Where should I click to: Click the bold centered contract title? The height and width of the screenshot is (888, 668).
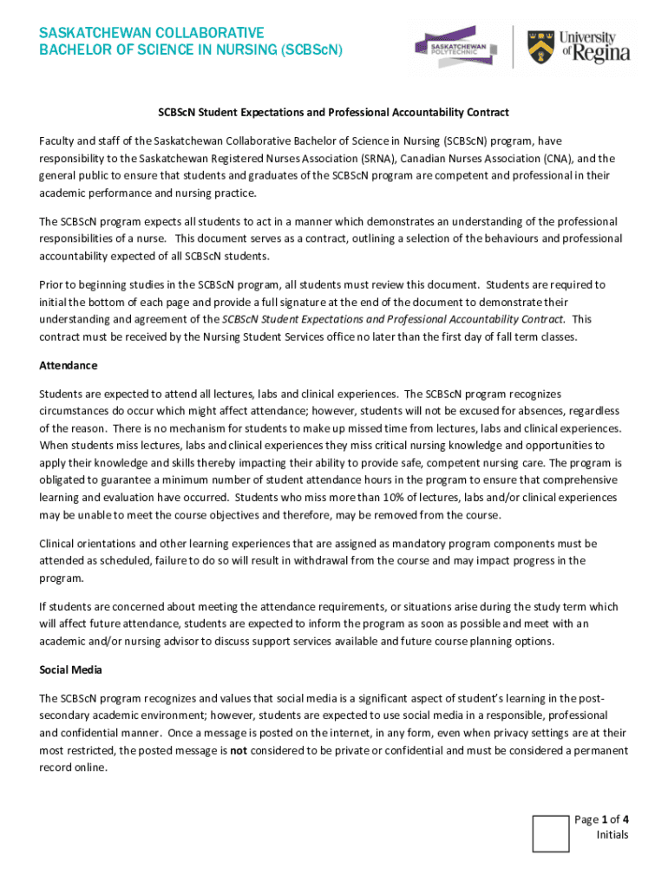(333, 113)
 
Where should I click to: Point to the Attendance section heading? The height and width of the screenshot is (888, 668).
(69, 366)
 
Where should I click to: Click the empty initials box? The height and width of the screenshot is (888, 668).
(550, 832)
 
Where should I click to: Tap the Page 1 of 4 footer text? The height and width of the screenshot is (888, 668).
(601, 819)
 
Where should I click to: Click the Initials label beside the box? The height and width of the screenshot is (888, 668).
(612, 835)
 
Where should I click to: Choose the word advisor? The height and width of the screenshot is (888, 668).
(168, 642)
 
